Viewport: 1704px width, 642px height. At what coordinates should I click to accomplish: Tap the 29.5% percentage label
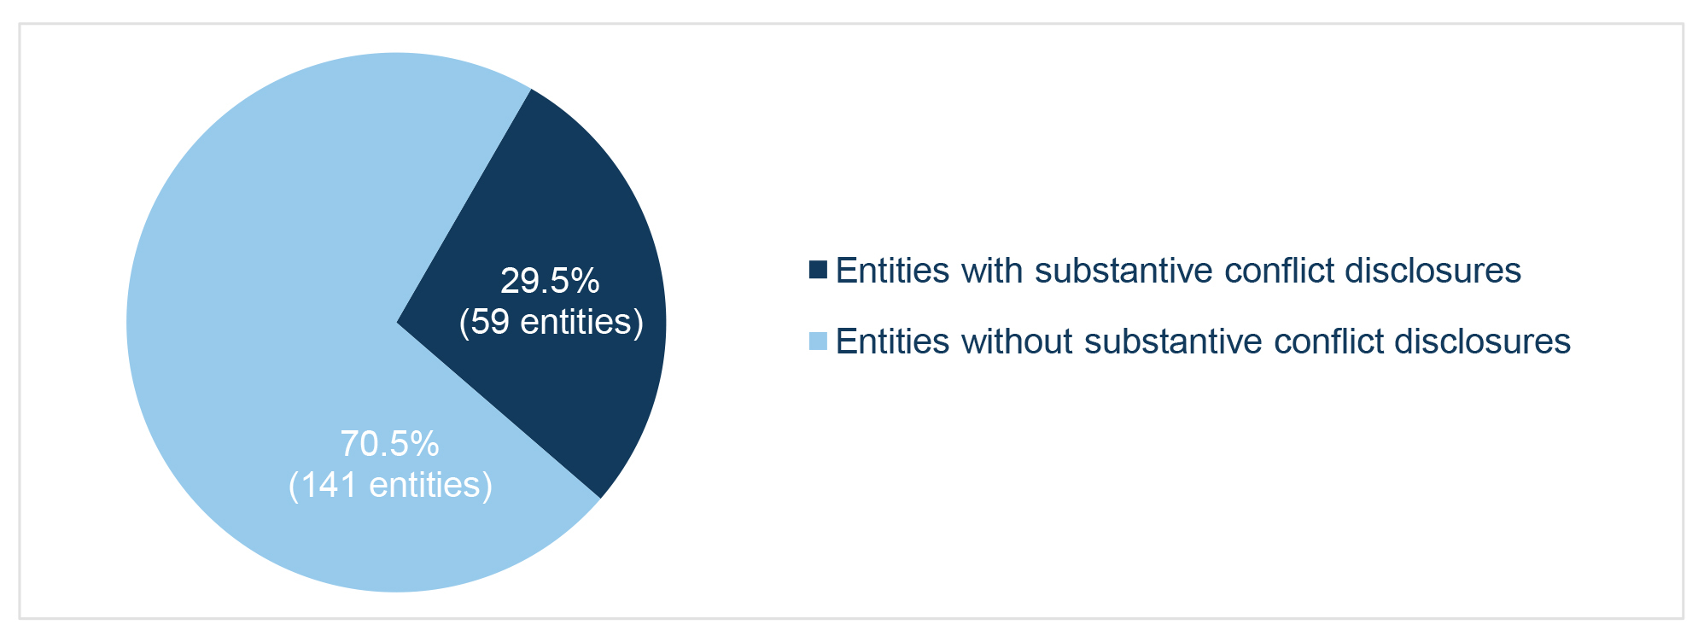pos(550,281)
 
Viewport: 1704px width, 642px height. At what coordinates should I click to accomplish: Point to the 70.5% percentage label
pos(389,444)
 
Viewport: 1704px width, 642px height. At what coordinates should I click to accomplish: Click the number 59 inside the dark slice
pos(490,322)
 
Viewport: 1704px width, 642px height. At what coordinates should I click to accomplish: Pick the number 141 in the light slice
pos(329,485)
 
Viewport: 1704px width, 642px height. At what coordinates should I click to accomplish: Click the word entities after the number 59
pos(576,322)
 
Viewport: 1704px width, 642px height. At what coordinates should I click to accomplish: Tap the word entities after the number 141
pos(425,485)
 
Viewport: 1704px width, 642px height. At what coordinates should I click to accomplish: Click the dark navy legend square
pos(818,270)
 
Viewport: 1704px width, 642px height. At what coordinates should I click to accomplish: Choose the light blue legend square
pos(818,341)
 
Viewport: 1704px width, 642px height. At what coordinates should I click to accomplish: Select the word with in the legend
pos(993,271)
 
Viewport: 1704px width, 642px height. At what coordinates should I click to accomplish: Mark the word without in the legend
pos(1017,341)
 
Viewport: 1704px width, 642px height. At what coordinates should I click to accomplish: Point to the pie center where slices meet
pos(396,323)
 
